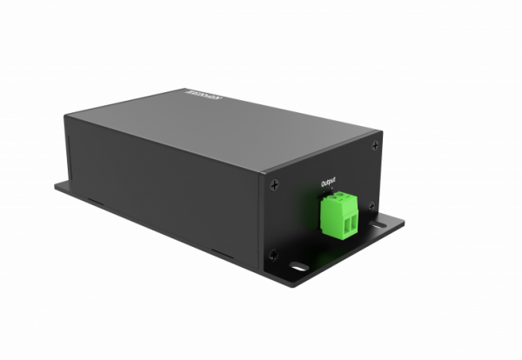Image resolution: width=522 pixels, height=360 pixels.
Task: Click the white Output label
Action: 327,183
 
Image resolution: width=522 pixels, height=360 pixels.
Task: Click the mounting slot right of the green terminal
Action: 381,225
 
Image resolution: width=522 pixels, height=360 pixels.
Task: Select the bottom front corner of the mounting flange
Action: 281,292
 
